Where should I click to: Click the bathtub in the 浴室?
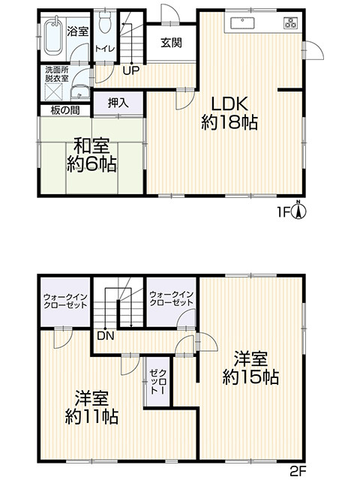coord(53,36)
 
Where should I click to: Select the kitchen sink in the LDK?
coord(242,22)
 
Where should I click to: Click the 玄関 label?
coord(172,43)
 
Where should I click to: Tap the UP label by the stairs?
coord(131,70)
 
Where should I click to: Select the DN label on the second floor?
coord(106,336)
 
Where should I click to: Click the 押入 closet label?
coord(118,103)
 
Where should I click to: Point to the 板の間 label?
coord(65,110)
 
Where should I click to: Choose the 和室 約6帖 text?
coord(91,155)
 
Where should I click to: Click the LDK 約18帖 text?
coord(229,113)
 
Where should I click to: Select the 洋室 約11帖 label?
coord(91,407)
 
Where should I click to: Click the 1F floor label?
coord(283,212)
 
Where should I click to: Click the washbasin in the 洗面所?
coord(80,91)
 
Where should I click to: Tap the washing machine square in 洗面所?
coord(54,91)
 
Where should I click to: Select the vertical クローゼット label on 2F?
coord(158,382)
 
